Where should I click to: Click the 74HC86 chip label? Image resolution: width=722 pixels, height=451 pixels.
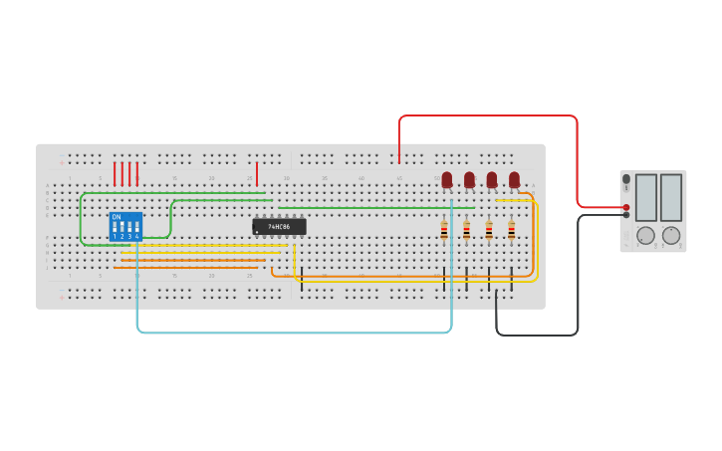[279, 227]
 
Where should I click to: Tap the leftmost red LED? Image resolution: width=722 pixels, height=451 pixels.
[447, 179]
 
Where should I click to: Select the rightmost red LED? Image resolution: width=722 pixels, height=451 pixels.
[514, 179]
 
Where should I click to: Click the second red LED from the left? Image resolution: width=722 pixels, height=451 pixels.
[469, 179]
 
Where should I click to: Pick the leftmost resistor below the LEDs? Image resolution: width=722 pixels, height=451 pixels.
[444, 230]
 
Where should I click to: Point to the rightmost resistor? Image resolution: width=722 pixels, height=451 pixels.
[512, 230]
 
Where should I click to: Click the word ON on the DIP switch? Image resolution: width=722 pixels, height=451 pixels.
[117, 217]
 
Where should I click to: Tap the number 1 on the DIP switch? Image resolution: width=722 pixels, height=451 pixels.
[115, 237]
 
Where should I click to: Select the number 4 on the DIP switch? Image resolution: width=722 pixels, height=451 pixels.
[137, 237]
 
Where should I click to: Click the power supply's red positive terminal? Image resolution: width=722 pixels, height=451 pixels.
[626, 207]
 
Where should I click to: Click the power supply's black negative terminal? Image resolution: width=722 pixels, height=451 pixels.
[626, 214]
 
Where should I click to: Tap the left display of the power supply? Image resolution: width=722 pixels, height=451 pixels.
[646, 197]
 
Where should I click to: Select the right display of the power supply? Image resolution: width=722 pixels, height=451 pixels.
[671, 197]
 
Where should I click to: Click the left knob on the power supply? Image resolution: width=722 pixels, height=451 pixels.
[646, 235]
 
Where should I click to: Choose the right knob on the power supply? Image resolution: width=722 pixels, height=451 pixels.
[671, 235]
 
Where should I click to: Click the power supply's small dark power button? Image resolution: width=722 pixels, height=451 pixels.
[626, 179]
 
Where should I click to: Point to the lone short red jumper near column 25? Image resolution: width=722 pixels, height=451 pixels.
[257, 174]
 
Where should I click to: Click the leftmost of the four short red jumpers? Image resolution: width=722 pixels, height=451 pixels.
[115, 174]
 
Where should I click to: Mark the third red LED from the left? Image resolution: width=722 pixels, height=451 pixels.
[492, 179]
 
